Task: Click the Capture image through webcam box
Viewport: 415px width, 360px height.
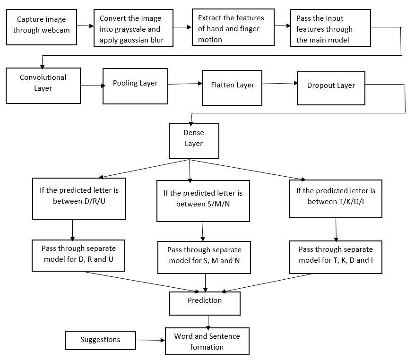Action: [x=42, y=27]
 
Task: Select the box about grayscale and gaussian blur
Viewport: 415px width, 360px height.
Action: [x=133, y=28]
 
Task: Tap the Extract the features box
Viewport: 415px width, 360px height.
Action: [x=233, y=27]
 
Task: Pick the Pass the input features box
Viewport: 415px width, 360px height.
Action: [x=330, y=28]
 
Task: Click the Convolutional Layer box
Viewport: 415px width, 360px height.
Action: [x=43, y=86]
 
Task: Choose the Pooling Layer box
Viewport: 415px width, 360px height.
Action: [x=135, y=86]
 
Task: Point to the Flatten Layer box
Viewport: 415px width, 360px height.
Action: [x=232, y=88]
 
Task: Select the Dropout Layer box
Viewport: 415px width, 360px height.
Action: [x=331, y=88]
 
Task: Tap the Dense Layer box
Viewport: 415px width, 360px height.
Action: [x=194, y=141]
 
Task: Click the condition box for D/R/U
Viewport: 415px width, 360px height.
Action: [x=79, y=198]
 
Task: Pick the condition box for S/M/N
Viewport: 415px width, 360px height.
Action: [x=203, y=201]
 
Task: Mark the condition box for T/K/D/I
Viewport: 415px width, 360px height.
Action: [x=336, y=199]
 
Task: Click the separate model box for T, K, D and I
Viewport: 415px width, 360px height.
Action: [x=336, y=257]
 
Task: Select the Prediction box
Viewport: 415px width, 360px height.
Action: [x=205, y=303]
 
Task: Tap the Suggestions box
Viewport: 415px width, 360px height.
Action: [x=100, y=340]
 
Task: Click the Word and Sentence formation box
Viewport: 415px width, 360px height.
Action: [x=207, y=341]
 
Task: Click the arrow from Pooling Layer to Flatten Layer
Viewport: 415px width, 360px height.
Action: [x=185, y=84]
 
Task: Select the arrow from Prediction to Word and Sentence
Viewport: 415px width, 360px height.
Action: [x=208, y=322]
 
